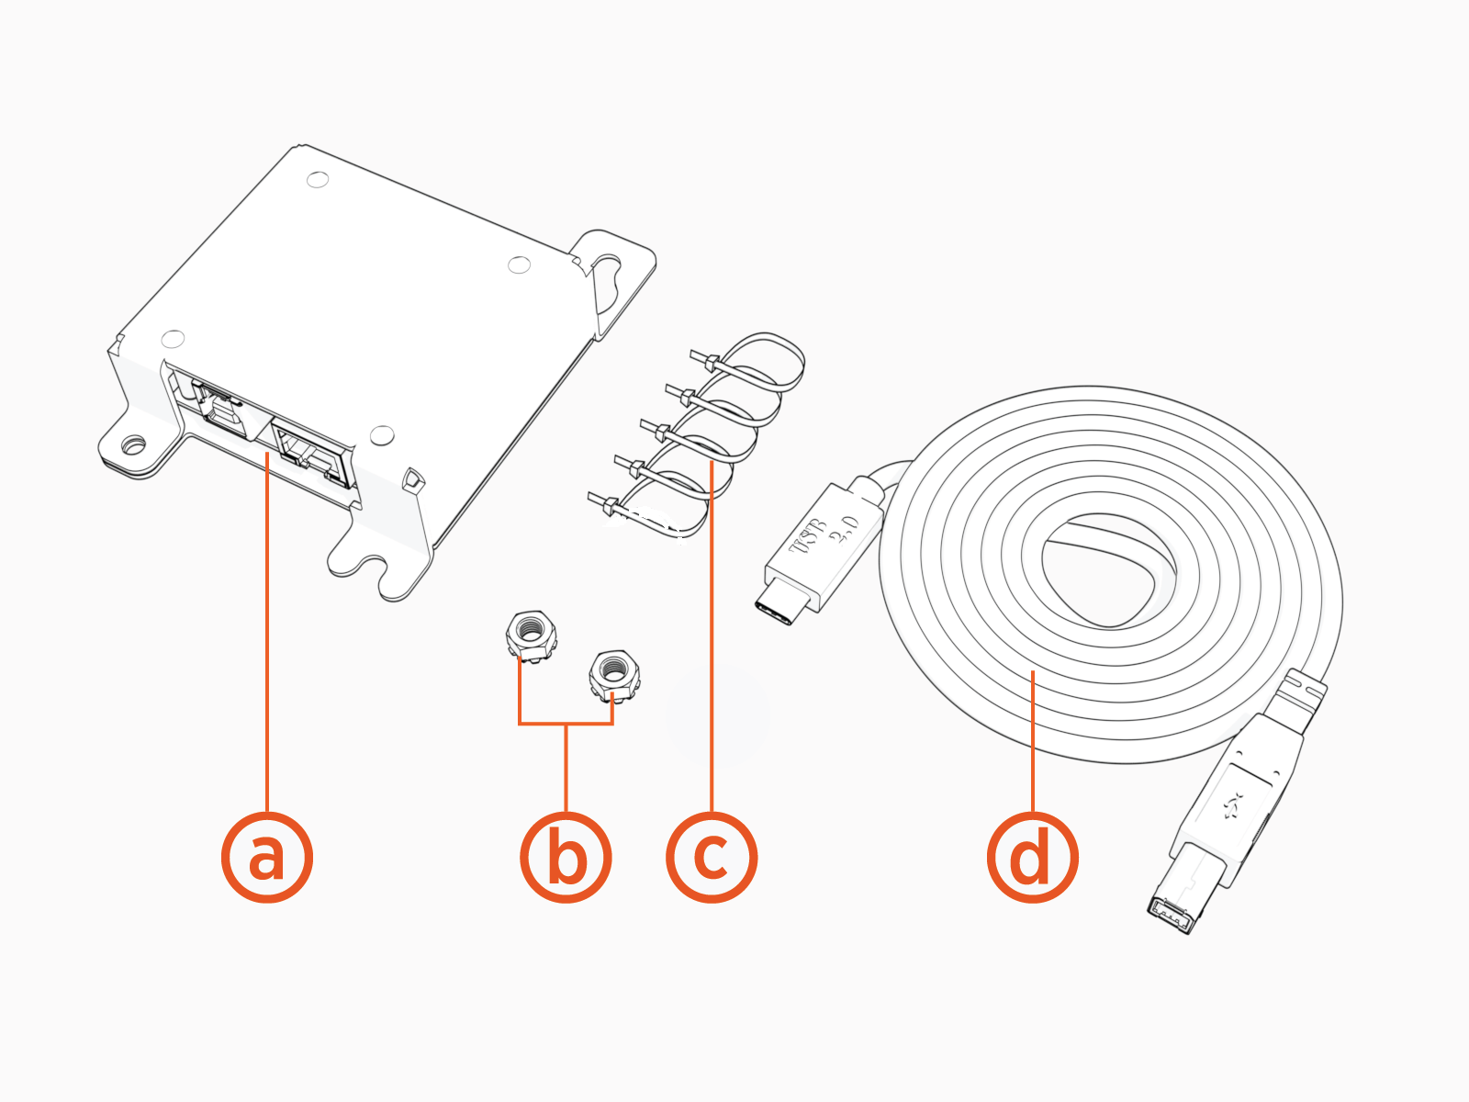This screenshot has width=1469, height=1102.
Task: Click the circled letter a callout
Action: [x=267, y=857]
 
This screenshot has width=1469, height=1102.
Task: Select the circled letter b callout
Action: [x=566, y=857]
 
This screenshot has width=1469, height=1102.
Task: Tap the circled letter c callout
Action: [x=712, y=857]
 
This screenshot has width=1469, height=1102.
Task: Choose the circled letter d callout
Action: [x=1032, y=857]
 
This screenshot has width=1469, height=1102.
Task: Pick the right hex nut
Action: [x=613, y=674]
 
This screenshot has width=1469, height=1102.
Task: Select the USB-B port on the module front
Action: [x=217, y=411]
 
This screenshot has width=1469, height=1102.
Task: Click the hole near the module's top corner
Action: [x=318, y=179]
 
